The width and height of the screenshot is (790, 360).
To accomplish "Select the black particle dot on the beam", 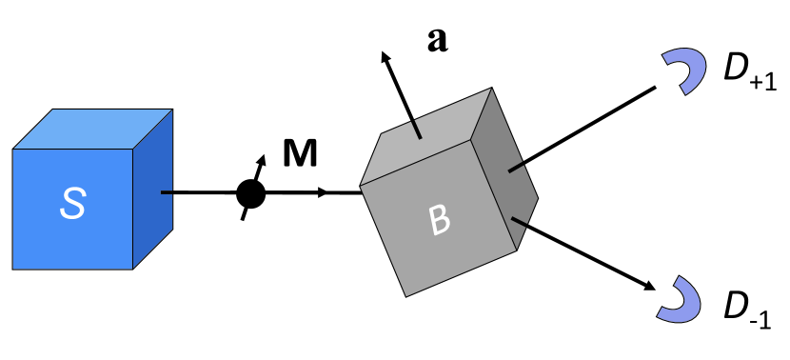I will tap(250, 194).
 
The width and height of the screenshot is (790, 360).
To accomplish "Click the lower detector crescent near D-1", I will tap(681, 298).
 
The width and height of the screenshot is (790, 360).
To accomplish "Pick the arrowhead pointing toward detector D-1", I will tap(649, 286).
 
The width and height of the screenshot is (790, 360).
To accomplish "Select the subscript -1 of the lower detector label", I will tap(760, 319).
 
